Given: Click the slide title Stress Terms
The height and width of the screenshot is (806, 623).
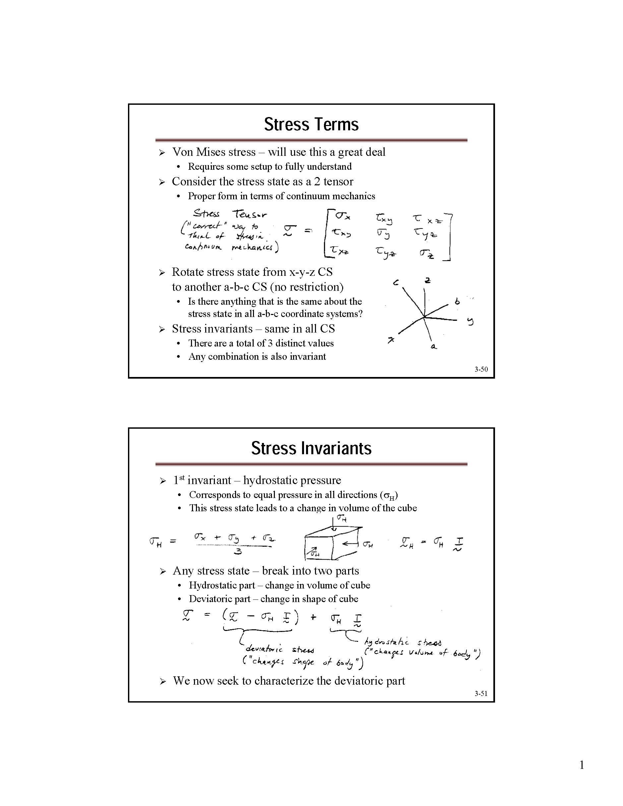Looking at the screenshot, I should click(x=311, y=124).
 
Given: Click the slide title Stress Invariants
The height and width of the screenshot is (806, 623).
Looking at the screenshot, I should click(x=311, y=448).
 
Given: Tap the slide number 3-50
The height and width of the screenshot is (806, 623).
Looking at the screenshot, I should click(x=481, y=369).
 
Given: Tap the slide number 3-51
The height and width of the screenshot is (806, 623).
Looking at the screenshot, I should click(x=481, y=694).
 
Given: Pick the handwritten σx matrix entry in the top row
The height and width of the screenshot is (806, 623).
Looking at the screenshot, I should click(x=343, y=216).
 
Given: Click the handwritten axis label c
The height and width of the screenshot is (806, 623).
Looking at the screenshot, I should click(x=396, y=283).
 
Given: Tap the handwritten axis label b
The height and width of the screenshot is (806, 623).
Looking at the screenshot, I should click(x=457, y=301).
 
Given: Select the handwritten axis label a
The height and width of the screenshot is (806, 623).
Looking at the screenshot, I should click(x=434, y=346).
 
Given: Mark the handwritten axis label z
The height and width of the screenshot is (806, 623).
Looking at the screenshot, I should click(x=427, y=280).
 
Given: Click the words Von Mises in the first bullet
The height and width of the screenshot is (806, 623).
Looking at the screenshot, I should click(x=195, y=152).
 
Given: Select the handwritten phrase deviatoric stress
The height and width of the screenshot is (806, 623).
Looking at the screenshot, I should click(x=280, y=649).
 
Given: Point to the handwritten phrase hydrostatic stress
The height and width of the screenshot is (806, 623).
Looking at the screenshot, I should click(x=403, y=643).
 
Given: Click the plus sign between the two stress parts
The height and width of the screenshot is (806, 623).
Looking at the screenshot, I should click(x=313, y=617).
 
